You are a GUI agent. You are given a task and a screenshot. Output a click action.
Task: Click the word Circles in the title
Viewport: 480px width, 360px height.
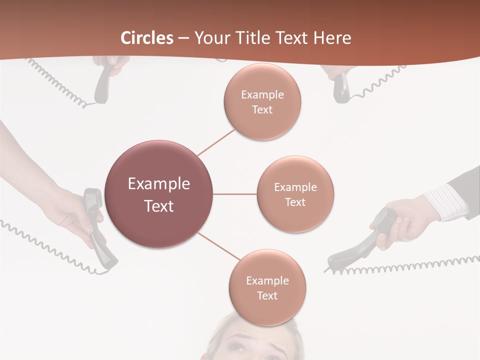(147, 38)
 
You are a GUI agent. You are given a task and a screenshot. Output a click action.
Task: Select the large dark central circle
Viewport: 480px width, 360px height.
(159, 194)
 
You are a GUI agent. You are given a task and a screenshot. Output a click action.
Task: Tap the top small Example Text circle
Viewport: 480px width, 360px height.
(262, 101)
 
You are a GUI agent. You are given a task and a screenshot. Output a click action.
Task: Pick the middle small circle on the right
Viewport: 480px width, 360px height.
(295, 194)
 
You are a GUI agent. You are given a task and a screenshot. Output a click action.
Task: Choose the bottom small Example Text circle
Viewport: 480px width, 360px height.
(267, 287)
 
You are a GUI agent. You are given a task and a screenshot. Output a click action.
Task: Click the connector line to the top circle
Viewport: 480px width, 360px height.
(216, 142)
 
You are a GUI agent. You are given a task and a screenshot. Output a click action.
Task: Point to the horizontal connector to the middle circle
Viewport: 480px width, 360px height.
(235, 194)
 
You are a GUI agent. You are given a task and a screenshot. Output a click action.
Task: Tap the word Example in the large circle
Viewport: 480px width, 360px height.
(159, 184)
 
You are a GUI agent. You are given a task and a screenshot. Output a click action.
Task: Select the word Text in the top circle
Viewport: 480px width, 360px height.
(262, 110)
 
